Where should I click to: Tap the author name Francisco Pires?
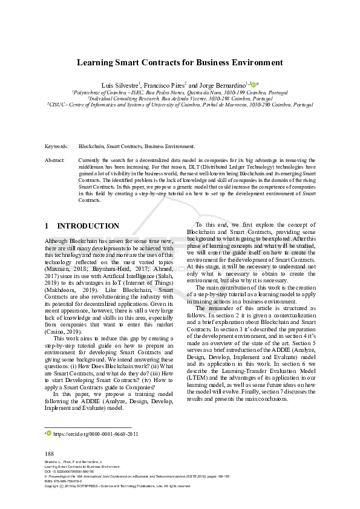(x=165, y=85)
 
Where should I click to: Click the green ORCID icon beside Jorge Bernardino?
(x=253, y=84)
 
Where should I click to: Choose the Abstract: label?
(x=56, y=160)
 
